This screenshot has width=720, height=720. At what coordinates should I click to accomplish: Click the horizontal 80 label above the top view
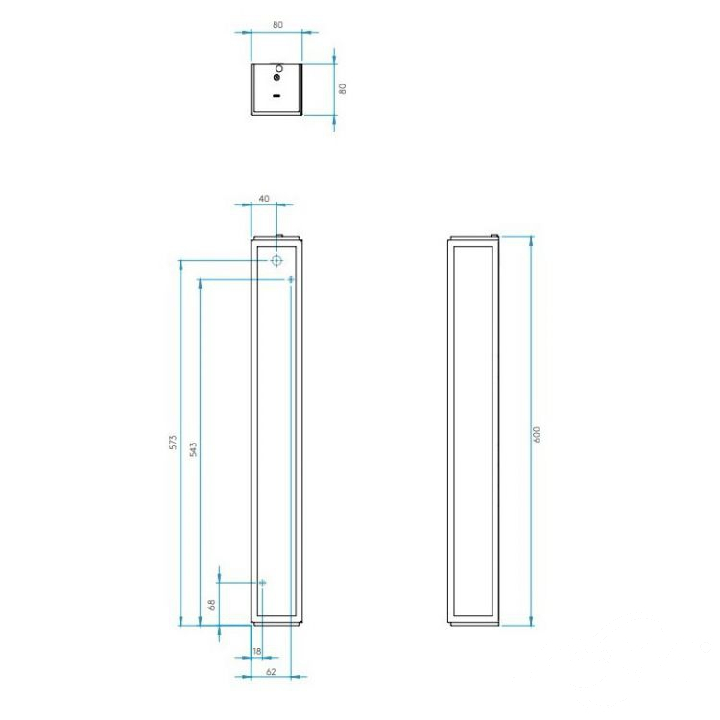coord(277,25)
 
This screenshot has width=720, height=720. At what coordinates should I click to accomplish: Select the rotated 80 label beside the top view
coord(342,88)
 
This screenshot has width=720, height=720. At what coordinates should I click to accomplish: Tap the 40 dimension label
coord(264,199)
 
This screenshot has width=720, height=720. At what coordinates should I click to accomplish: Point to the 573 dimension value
coord(173,442)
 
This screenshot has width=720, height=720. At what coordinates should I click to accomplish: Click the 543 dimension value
coord(193,449)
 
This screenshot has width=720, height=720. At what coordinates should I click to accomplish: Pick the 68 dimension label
coord(212,604)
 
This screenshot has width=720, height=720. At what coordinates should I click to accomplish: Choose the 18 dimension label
coord(256,651)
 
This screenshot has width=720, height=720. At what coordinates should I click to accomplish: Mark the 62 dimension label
coord(271,672)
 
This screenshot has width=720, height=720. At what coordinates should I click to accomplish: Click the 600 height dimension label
coord(537,434)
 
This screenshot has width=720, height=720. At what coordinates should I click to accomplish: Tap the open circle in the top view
coord(279,69)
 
